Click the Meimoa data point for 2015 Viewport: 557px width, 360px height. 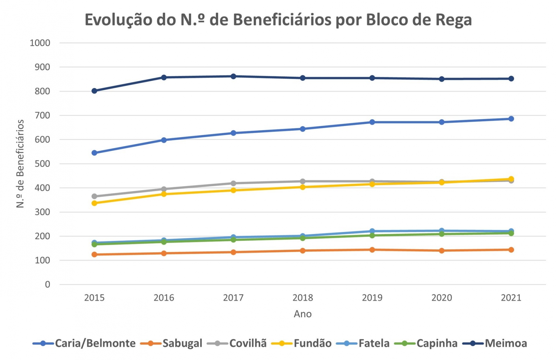pyautogui.click(x=94, y=91)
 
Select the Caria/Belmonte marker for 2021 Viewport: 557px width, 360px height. pyautogui.click(x=511, y=119)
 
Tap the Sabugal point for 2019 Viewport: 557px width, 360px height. pyautogui.click(x=372, y=250)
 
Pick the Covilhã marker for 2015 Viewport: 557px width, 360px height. pyautogui.click(x=94, y=196)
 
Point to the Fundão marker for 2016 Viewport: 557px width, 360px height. pyautogui.click(x=164, y=194)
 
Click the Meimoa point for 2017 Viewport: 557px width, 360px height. pyautogui.click(x=233, y=76)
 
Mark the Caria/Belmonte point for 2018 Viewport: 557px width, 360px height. pyautogui.click(x=303, y=129)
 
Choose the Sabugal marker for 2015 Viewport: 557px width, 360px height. pyautogui.click(x=94, y=254)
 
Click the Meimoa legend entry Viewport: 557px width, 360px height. pyautogui.click(x=495, y=343)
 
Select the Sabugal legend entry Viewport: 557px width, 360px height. pyautogui.click(x=172, y=343)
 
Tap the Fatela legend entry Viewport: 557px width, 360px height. pyautogui.click(x=363, y=343)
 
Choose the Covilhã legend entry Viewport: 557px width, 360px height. pyautogui.click(x=237, y=343)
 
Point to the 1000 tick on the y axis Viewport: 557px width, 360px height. pyautogui.click(x=40, y=43)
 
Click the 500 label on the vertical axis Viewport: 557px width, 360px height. pyautogui.click(x=42, y=164)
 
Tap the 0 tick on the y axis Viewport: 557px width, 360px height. pyautogui.click(x=48, y=284)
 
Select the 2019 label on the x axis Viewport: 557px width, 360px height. pyautogui.click(x=372, y=298)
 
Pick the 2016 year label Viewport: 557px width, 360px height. pyautogui.click(x=164, y=298)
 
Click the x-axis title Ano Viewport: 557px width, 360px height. pyautogui.click(x=302, y=314)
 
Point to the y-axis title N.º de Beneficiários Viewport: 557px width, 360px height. pyautogui.click(x=20, y=164)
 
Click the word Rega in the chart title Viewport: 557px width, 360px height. pyautogui.click(x=453, y=20)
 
